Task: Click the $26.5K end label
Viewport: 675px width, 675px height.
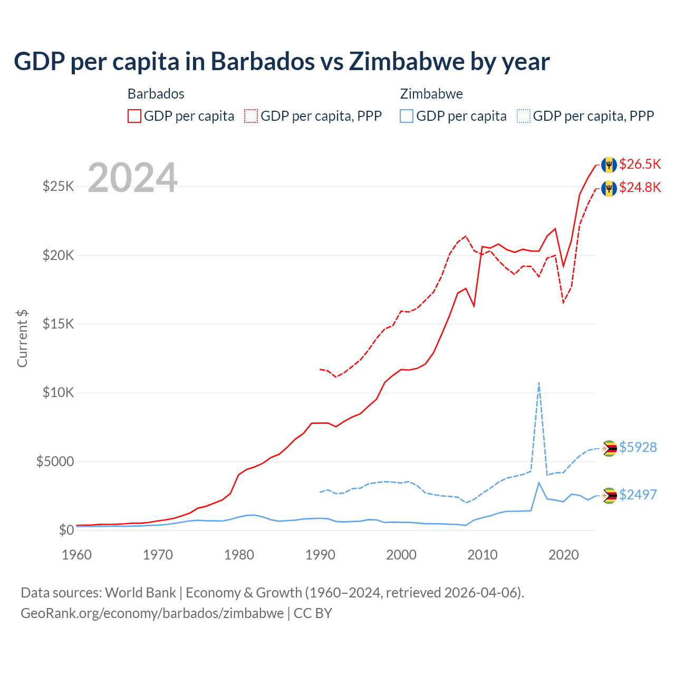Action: (x=640, y=164)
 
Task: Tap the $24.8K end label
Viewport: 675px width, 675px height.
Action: (x=640, y=187)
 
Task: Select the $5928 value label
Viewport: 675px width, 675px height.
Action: (x=638, y=447)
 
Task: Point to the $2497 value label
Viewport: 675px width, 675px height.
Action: (x=638, y=495)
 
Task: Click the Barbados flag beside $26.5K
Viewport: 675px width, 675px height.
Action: (x=609, y=165)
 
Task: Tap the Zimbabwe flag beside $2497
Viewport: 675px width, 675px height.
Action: (x=609, y=495)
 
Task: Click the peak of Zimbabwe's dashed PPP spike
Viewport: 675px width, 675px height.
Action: (x=538, y=383)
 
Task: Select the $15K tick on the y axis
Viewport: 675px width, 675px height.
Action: (x=58, y=324)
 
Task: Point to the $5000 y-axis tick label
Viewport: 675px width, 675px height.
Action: (x=55, y=462)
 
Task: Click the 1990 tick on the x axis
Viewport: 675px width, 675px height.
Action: (x=320, y=555)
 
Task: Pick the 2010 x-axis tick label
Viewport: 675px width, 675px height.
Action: (x=483, y=555)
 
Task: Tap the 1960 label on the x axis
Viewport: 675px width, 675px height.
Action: (x=77, y=555)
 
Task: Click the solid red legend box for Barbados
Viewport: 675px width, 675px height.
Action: (x=134, y=116)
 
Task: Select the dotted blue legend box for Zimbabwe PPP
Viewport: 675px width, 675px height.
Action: (x=524, y=116)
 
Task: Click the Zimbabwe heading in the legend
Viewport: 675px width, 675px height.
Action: (x=431, y=94)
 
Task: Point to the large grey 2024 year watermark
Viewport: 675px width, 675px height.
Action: (x=132, y=178)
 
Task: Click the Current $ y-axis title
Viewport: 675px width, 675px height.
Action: (x=22, y=339)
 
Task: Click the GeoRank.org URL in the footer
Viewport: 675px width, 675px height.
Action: (x=152, y=613)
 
